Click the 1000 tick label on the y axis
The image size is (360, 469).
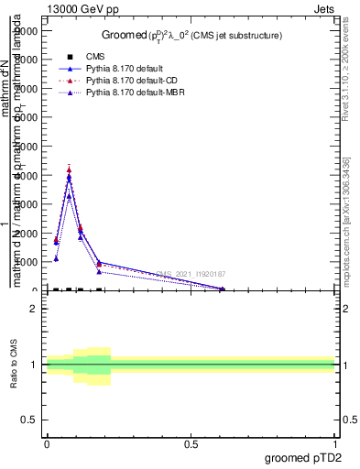29,262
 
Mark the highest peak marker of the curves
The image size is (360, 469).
69,169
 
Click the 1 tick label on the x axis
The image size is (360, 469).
334,444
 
